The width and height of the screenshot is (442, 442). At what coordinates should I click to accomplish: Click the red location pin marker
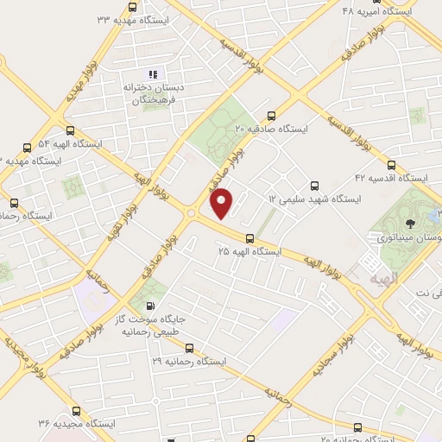point(223,204)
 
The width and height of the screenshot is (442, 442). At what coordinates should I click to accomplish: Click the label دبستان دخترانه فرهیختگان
point(154,93)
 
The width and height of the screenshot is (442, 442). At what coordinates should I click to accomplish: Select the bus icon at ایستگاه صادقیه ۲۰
point(273,115)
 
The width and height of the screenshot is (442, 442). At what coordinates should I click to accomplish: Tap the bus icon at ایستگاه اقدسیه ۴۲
point(392,164)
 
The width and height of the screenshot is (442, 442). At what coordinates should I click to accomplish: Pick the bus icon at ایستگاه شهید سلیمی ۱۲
point(313,185)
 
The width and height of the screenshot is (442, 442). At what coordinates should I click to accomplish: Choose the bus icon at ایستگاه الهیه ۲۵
point(249,237)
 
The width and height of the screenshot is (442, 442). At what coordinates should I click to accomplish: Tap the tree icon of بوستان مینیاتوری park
point(411,223)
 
